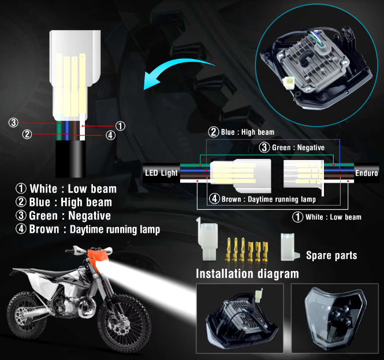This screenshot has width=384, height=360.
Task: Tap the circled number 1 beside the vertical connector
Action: point(120,125)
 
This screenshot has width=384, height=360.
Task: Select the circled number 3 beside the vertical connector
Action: point(13,123)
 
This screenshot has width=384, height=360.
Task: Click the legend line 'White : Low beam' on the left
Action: point(66,188)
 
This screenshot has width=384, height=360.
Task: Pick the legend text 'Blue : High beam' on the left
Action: point(64,202)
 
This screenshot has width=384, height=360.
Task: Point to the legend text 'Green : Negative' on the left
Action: point(64,216)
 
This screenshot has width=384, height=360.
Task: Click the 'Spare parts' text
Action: point(331,255)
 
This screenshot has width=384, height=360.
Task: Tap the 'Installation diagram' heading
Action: point(248,273)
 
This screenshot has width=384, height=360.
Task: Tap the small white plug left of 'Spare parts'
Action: point(287,247)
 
